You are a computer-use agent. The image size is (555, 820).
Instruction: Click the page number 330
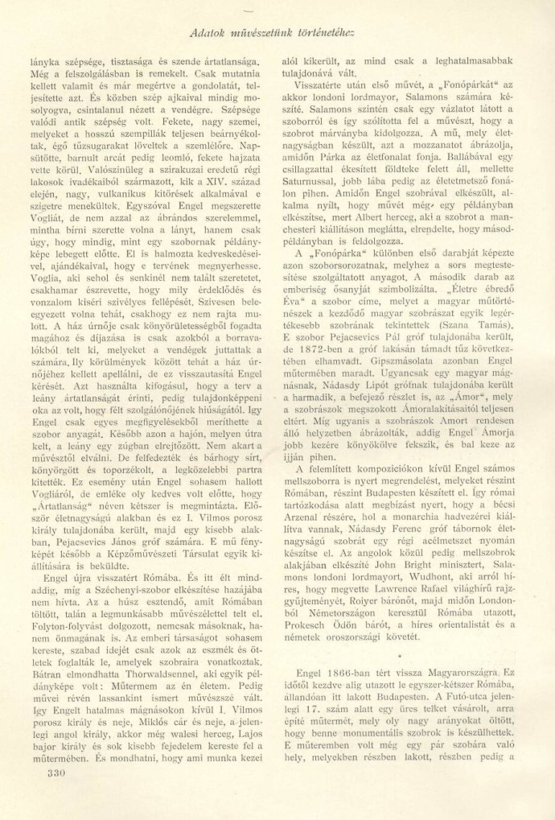tap(51, 773)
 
